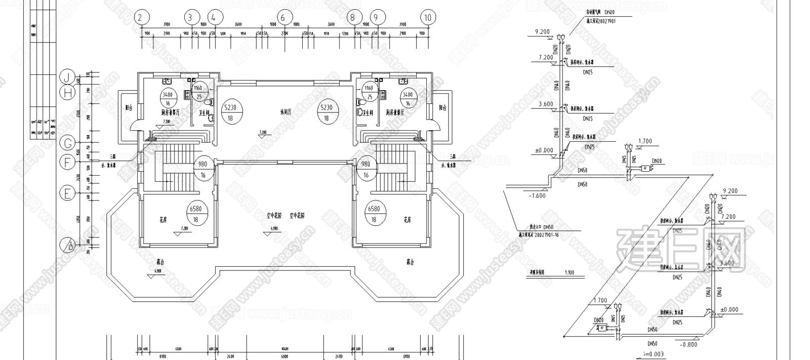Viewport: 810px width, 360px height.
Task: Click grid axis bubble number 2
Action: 142,18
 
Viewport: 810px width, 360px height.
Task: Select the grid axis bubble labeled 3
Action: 191,18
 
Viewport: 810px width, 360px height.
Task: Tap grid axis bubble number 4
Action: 215,18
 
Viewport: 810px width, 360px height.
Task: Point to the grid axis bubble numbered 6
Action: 283,18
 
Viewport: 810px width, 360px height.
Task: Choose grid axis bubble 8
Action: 352,18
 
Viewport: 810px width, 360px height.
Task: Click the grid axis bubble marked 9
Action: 376,18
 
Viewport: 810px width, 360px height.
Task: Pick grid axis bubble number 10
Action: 428,18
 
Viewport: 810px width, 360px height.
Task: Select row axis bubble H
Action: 67,93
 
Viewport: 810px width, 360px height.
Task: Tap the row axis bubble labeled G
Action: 67,143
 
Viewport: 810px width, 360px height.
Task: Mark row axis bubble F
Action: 67,163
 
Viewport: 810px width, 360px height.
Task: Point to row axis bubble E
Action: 67,193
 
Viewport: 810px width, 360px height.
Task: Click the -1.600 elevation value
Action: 537,196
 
